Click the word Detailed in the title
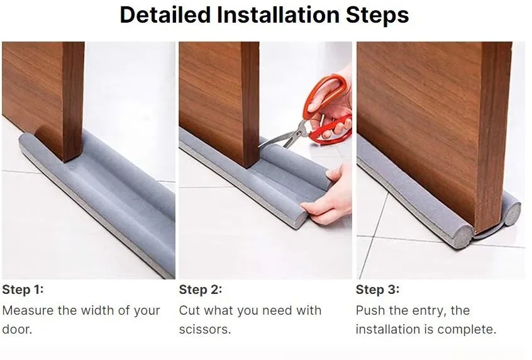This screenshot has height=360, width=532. point(165,14)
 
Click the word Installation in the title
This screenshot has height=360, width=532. point(278,14)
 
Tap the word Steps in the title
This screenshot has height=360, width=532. point(377,16)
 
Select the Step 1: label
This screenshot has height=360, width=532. point(23,290)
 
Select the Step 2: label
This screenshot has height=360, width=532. point(200,290)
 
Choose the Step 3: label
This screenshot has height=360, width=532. point(377,290)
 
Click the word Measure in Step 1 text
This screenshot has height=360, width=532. point(28,310)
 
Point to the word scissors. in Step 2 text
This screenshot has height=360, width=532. point(205,329)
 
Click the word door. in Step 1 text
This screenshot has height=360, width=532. point(17,329)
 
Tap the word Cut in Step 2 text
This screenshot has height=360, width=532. point(189,310)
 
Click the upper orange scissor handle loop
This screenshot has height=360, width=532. point(324,93)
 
